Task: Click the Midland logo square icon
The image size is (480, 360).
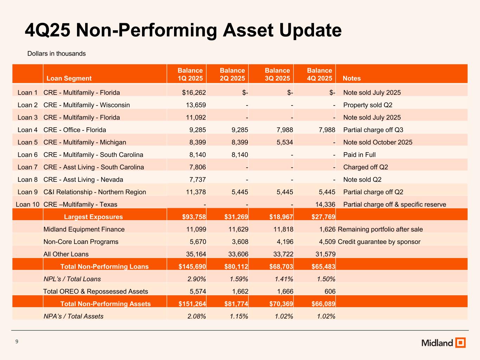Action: (x=460, y=342)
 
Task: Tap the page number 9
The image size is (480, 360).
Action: (x=17, y=341)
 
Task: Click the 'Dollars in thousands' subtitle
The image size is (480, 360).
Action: (x=57, y=54)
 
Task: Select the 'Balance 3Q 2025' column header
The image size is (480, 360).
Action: (x=277, y=74)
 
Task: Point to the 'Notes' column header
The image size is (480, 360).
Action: (x=352, y=78)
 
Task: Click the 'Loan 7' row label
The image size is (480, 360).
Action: (x=27, y=167)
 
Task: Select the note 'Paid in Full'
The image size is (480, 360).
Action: (x=359, y=155)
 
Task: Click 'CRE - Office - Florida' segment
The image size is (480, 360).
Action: (x=75, y=130)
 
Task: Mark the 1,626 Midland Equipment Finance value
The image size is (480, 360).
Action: (x=327, y=229)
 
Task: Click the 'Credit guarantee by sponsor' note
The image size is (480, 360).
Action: (x=379, y=242)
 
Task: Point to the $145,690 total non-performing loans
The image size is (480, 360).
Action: (x=192, y=266)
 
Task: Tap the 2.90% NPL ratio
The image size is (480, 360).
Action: (x=196, y=279)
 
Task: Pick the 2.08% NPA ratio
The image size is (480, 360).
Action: (x=196, y=316)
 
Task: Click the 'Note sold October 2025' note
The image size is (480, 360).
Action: (x=378, y=142)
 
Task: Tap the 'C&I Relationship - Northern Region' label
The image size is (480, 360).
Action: (x=95, y=192)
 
